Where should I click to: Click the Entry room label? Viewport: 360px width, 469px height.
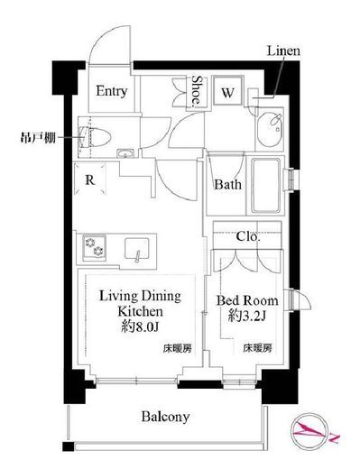click(x=113, y=91)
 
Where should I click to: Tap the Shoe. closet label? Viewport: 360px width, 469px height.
click(x=198, y=90)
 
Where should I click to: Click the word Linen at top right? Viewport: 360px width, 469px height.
click(x=282, y=53)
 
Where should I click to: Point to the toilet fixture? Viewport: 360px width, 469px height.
click(x=95, y=136)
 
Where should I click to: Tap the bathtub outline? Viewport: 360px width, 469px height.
click(x=266, y=184)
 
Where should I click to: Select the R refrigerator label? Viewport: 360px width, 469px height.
click(x=91, y=179)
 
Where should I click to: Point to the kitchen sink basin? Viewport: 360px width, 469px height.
click(x=137, y=245)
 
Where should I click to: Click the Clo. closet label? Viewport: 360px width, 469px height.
click(x=248, y=238)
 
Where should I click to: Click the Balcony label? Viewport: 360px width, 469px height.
click(x=163, y=417)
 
